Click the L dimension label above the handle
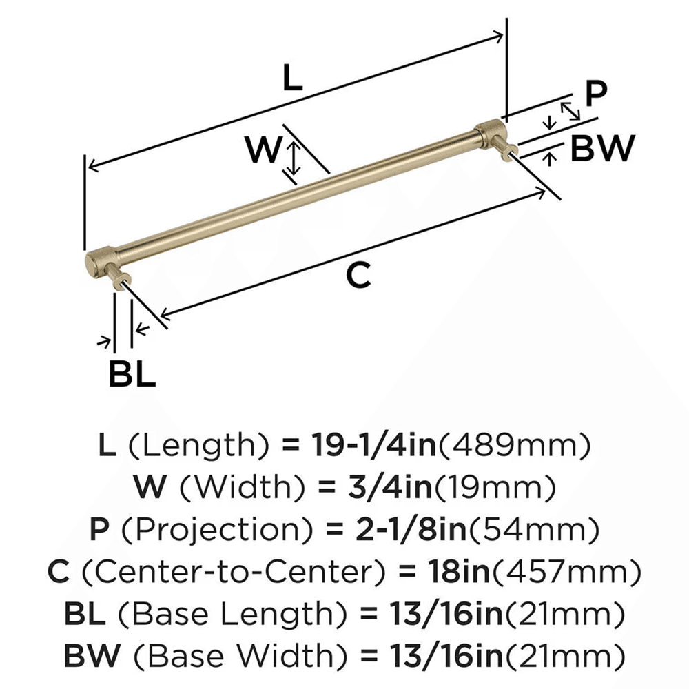coord(293,80)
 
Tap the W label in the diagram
coord(265,150)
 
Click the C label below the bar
coord(358,276)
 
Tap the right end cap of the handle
coord(490,131)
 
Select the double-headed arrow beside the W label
coord(294,156)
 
